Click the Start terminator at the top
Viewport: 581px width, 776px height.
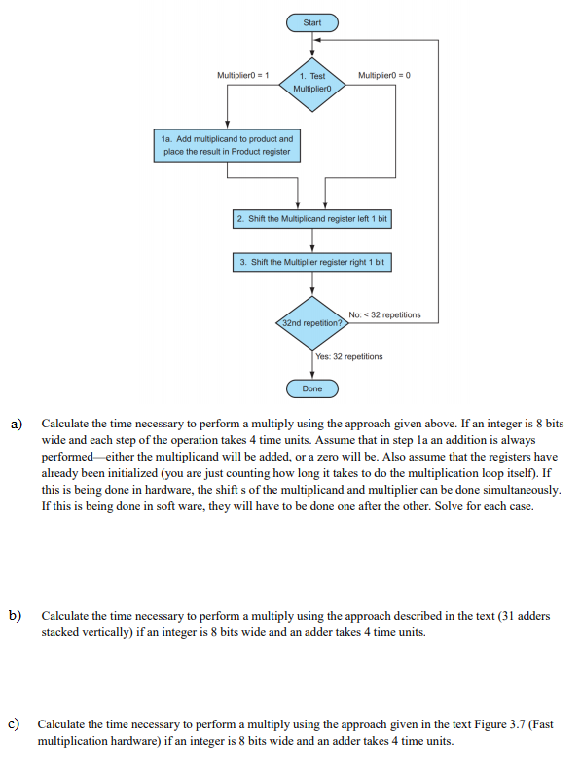point(311,21)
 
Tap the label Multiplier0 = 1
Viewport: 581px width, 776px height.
point(243,75)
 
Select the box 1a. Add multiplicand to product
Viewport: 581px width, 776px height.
point(226,146)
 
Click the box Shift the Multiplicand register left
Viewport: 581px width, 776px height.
point(311,219)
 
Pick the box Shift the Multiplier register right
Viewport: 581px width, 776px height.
point(311,263)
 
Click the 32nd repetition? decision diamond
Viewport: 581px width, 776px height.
point(311,321)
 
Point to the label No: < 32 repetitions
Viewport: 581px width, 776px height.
point(384,314)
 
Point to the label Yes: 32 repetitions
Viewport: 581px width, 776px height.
point(348,357)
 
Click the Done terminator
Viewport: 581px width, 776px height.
point(311,388)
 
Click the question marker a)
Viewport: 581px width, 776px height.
point(17,425)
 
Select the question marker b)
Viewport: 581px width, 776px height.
point(17,616)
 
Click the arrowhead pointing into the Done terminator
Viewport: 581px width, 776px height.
point(311,377)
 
